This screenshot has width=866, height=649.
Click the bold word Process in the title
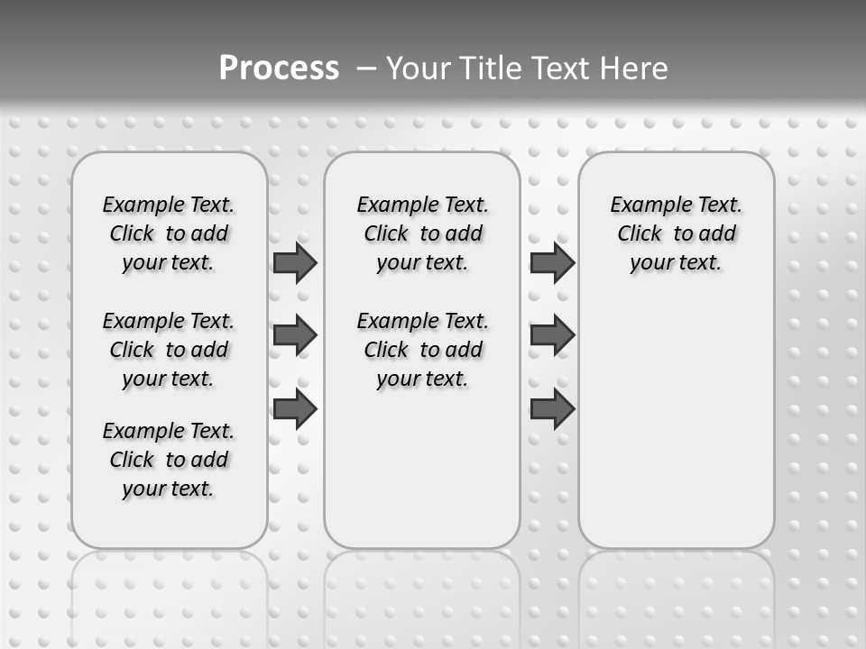(x=278, y=68)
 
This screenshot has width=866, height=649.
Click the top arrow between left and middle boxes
(x=295, y=263)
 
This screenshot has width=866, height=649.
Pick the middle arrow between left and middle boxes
(x=295, y=336)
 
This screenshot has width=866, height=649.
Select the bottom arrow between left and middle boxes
(x=295, y=410)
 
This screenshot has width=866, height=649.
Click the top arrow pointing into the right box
(x=552, y=263)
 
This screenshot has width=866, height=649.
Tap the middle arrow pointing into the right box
(x=552, y=336)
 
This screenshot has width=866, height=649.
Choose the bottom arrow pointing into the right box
(x=552, y=410)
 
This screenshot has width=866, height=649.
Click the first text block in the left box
(x=169, y=233)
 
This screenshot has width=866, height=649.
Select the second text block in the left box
(x=169, y=350)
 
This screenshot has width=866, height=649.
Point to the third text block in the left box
(x=169, y=460)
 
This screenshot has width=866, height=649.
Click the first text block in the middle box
(x=422, y=233)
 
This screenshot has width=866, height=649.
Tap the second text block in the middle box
(x=422, y=350)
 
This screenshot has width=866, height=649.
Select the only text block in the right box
(x=676, y=233)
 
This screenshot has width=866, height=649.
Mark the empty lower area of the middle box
(x=422, y=469)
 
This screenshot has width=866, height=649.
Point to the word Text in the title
(x=562, y=68)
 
